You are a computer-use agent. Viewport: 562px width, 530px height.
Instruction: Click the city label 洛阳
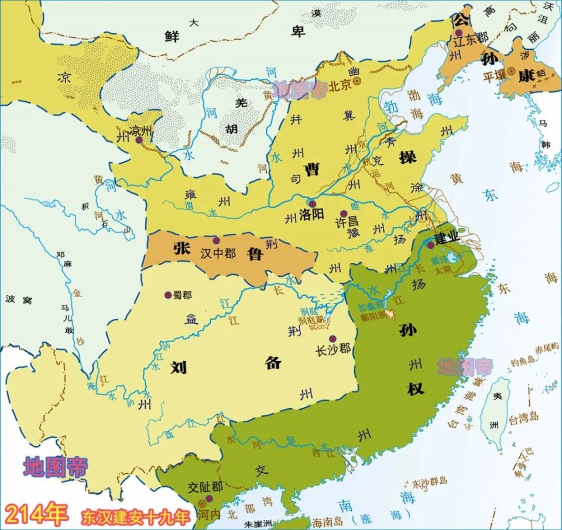point(311,214)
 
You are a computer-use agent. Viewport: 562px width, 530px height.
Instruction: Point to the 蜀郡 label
point(183,295)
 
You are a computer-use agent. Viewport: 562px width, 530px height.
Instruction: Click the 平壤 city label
point(494,75)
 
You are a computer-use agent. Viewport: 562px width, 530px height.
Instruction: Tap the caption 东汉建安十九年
point(136,517)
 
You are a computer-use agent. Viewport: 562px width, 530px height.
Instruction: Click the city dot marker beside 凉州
point(139,140)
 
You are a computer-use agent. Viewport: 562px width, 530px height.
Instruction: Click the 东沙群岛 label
point(429,481)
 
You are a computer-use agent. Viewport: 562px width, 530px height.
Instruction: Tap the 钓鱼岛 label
point(520,363)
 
